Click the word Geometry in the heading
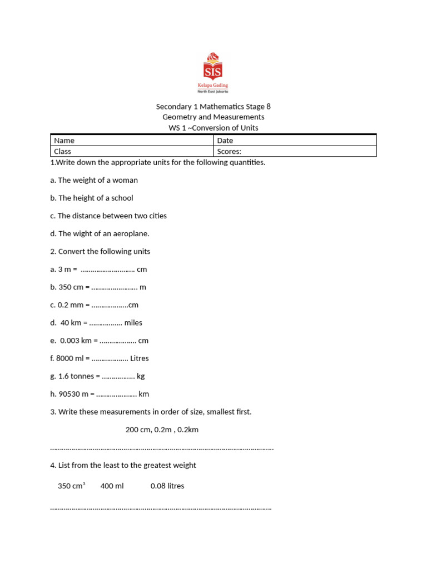pyautogui.click(x=180, y=117)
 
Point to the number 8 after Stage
pyautogui.click(x=268, y=106)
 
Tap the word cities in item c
pyautogui.click(x=156, y=216)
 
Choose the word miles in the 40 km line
pyautogui.click(x=133, y=323)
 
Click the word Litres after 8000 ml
pyautogui.click(x=140, y=358)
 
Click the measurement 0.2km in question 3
pyautogui.click(x=188, y=430)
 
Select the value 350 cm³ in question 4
pyautogui.click(x=71, y=486)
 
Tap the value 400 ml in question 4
pyautogui.click(x=112, y=486)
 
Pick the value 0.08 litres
pyautogui.click(x=167, y=486)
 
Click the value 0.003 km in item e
pyautogui.click(x=77, y=341)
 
